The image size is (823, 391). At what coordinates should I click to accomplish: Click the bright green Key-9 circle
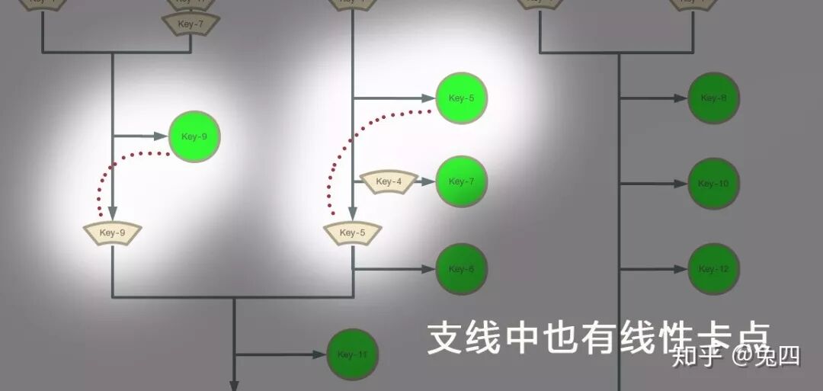point(194,137)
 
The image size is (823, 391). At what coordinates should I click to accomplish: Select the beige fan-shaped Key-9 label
point(113,233)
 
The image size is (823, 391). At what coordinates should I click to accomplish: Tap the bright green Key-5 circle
point(461,98)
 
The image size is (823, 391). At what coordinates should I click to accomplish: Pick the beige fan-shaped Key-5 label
point(352,233)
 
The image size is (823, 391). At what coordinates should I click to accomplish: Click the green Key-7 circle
point(461,181)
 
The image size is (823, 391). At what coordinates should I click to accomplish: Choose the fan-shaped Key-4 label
point(388,182)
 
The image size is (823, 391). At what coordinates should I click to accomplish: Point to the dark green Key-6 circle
point(461,269)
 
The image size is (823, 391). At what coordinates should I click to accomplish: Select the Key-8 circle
point(713,98)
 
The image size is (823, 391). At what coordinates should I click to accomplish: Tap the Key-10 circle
point(713,184)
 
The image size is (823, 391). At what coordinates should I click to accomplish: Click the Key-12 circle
point(713,269)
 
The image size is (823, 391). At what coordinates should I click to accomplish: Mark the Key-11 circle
point(353,354)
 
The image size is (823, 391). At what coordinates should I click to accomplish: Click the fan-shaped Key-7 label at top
point(191,24)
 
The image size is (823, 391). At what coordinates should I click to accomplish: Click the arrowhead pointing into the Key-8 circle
point(680,98)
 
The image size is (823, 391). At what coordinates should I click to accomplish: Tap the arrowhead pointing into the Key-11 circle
point(319,354)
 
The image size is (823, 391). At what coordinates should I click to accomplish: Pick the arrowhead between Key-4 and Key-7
point(427,182)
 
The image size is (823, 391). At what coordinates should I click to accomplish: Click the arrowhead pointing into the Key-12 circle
point(680,269)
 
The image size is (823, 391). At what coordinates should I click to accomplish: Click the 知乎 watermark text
point(696,356)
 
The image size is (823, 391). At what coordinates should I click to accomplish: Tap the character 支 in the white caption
point(445,338)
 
